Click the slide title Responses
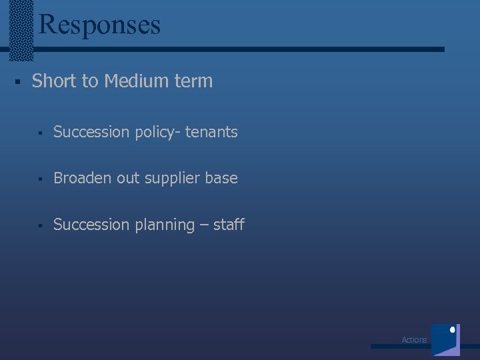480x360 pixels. tap(100, 25)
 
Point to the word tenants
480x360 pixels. tap(211, 132)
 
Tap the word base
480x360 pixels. tap(223, 178)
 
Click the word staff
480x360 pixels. tap(229, 225)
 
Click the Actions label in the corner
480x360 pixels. tap(414, 340)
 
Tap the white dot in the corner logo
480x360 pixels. tap(453, 329)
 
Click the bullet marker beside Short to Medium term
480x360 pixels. tap(19, 82)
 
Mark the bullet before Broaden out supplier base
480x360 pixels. tap(41, 179)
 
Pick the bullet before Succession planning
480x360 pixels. tap(41, 225)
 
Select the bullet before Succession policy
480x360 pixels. tap(41, 133)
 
